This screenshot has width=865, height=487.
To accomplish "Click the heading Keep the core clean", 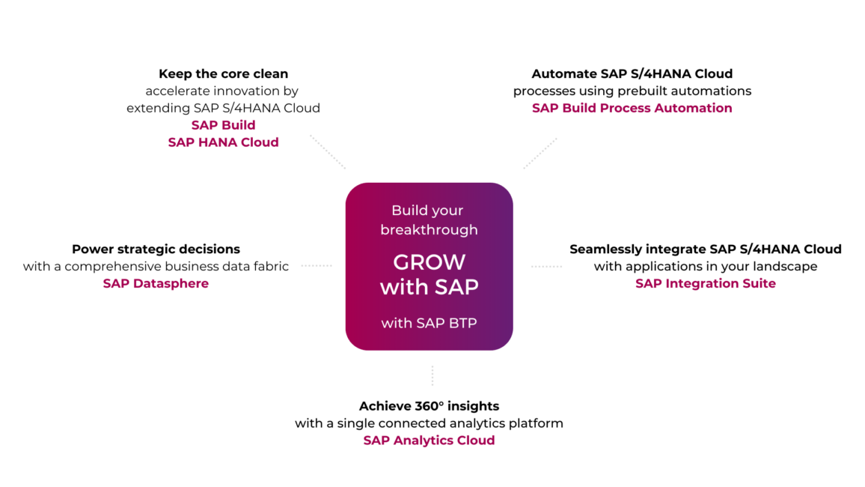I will click(223, 73).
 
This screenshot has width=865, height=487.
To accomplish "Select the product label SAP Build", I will click(223, 125).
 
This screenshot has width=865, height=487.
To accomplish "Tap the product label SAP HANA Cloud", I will click(223, 142).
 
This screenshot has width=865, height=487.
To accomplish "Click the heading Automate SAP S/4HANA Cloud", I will click(632, 73).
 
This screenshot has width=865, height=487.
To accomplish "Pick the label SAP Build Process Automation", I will click(632, 108).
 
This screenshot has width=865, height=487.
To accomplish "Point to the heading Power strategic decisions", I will click(156, 249).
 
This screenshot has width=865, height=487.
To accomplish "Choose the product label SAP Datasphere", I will click(156, 283).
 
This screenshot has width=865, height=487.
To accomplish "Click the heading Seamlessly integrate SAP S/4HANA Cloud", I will click(705, 249).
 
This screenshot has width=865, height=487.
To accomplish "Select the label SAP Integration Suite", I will click(705, 283).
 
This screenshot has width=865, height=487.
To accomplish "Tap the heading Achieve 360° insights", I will click(429, 406).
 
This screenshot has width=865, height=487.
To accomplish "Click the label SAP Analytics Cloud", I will click(429, 441).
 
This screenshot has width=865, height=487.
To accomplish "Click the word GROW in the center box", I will click(429, 262).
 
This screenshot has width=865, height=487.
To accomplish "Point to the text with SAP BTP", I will click(429, 323).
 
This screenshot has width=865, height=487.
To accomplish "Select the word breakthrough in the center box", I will click(429, 229).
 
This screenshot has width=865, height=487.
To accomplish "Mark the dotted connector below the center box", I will click(432, 375).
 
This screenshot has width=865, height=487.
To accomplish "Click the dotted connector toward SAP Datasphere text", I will click(317, 265).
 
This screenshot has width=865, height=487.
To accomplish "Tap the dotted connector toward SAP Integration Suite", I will click(546, 266).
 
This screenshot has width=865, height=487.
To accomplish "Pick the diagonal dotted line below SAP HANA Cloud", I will click(328, 152).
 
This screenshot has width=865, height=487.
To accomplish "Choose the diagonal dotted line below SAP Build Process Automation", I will click(540, 154).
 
